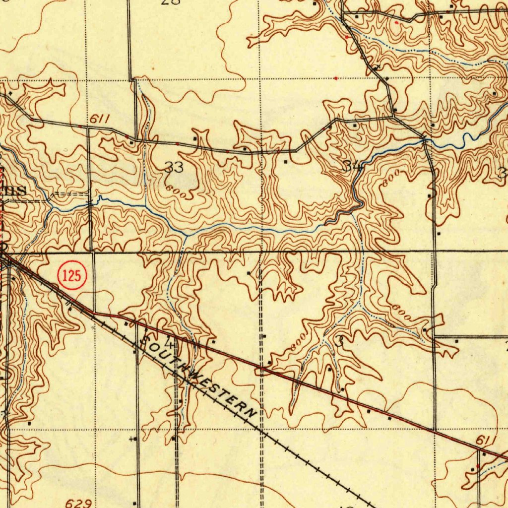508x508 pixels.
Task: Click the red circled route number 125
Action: point(72,276)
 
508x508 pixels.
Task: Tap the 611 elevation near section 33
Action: point(99,120)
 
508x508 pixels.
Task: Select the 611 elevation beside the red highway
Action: point(484,441)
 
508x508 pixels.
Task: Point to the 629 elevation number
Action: point(78,503)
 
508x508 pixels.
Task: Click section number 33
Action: point(174,168)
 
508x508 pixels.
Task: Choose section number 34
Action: point(352,167)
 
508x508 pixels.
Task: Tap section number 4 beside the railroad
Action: point(170,343)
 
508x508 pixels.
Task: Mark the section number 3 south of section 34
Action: point(339,341)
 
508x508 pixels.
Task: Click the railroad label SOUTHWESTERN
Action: point(198,376)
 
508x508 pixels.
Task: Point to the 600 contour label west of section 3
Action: point(298,345)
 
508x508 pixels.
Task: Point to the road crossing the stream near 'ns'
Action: point(90,203)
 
